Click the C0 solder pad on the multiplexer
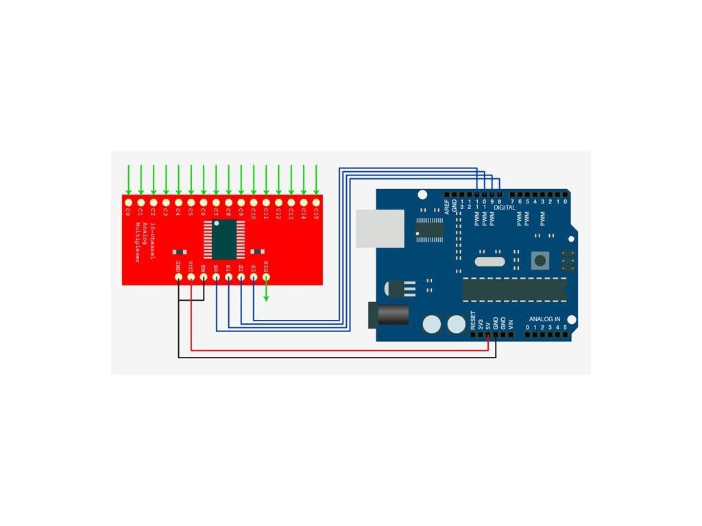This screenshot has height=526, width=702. pyautogui.click(x=128, y=203)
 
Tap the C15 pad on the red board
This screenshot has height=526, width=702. pyautogui.click(x=316, y=203)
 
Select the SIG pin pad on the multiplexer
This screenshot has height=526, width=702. pyautogui.click(x=266, y=277)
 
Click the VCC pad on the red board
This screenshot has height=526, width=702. pyautogui.click(x=191, y=277)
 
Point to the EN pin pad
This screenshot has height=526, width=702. pyautogui.click(x=204, y=277)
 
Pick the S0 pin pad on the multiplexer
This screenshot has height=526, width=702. pyautogui.click(x=216, y=277)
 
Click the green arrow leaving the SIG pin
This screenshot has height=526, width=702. pyautogui.click(x=267, y=293)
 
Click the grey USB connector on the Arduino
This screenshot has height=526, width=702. pyautogui.click(x=376, y=227)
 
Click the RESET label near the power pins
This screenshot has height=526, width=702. pyautogui.click(x=472, y=321)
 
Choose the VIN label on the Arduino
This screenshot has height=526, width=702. pyautogui.click(x=511, y=324)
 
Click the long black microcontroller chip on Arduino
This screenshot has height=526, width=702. pyautogui.click(x=515, y=290)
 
